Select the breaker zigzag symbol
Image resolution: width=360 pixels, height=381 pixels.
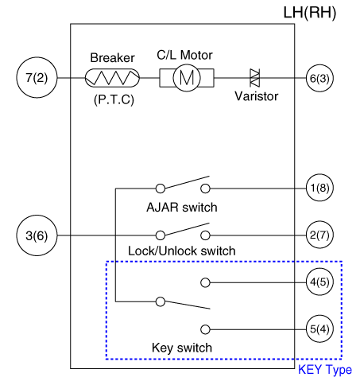(x=112, y=78)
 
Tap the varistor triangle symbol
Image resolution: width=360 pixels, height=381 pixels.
(x=255, y=78)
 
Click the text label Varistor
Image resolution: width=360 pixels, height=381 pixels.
(x=257, y=96)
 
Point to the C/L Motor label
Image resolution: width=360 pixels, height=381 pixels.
(x=184, y=55)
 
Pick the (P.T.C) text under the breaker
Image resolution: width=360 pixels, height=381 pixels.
(x=114, y=99)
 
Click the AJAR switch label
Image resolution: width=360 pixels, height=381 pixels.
(x=182, y=207)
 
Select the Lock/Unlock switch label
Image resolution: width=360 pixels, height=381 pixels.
(x=182, y=251)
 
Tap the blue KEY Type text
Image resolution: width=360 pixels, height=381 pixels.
(x=325, y=370)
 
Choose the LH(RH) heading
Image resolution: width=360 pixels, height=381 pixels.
(x=310, y=13)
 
